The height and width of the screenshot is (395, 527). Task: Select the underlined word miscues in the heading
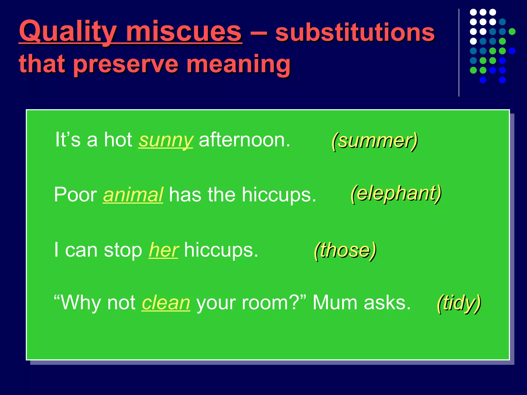184,32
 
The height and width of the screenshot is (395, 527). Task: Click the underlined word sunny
165,140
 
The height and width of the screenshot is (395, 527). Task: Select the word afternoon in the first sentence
244,140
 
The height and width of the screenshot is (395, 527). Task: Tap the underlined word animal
133,195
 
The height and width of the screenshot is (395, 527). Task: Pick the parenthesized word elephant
396,193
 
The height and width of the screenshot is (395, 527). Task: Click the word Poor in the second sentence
75,195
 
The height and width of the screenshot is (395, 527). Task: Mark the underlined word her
163,250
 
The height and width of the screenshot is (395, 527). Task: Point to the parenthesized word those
345,250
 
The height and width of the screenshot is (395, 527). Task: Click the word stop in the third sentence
123,250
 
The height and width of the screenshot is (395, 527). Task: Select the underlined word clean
166,303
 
